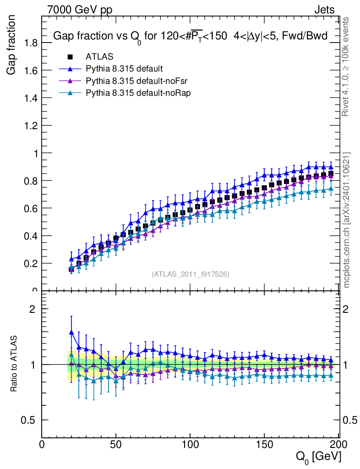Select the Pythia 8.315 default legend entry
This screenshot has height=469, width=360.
(x=124, y=69)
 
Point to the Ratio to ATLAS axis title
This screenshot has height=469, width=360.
(x=15, y=364)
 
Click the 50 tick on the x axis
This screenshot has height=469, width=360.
(x=116, y=445)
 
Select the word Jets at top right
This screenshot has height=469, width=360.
(x=324, y=10)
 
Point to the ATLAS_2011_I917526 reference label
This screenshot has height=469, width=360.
(x=191, y=274)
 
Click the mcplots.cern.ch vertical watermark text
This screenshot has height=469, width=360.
(x=347, y=220)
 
